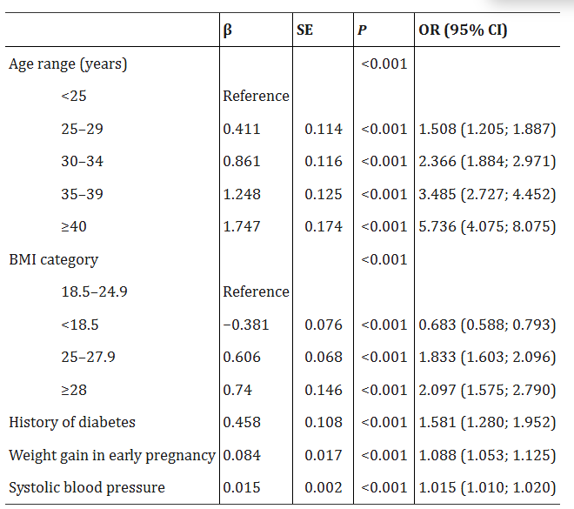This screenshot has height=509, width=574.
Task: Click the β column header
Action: [228, 30]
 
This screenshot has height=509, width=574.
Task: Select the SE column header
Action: [304, 30]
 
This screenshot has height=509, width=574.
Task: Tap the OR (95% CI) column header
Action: [464, 30]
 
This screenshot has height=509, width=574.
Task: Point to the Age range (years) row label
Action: [68, 64]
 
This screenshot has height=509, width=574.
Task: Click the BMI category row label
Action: [53, 259]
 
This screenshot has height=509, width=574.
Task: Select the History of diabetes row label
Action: [72, 422]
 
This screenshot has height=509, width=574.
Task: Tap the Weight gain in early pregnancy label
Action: [112, 455]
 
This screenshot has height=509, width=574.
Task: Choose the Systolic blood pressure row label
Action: [87, 487]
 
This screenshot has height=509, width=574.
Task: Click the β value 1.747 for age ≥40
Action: [242, 226]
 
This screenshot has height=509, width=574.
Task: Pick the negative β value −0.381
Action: [246, 325]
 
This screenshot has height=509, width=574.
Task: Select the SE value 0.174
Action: [324, 226]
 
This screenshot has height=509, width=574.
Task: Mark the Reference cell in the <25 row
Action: [256, 96]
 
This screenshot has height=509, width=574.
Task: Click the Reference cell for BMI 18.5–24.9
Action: [256, 291]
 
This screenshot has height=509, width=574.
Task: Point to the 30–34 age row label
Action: [82, 161]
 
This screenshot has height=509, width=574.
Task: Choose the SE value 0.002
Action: [324, 487]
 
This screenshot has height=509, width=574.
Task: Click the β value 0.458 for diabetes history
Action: [242, 422]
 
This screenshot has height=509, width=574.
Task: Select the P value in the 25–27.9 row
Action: [383, 357]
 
